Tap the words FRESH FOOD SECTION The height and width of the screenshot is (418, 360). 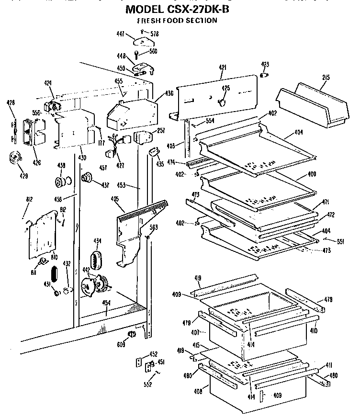click(177, 21)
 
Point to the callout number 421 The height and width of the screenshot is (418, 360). click(223, 68)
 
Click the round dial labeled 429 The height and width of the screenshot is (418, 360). click(16, 158)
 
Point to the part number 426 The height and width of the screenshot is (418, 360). click(36, 162)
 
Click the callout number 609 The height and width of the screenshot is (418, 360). click(122, 344)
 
